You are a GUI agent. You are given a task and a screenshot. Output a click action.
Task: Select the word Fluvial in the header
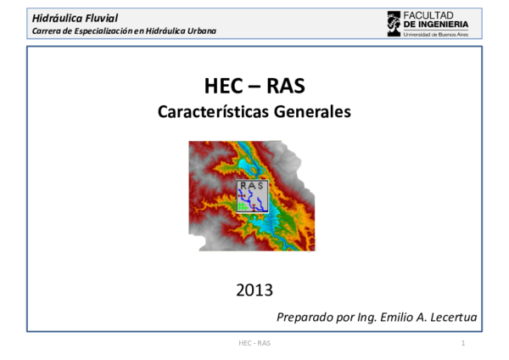tap(104, 18)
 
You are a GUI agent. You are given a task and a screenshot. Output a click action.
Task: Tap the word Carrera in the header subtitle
tap(47, 31)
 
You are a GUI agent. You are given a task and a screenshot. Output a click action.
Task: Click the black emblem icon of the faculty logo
tap(394, 23)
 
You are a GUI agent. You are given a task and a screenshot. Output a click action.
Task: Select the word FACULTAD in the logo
tap(429, 15)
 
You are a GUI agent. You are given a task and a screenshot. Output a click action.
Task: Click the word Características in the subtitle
tap(212, 111)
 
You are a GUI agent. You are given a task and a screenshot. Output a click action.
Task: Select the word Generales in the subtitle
tap(311, 111)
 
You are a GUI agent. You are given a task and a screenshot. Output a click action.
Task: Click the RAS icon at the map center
tap(253, 195)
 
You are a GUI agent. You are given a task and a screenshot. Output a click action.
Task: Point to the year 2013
tap(255, 290)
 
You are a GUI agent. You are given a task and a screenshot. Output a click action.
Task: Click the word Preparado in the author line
tap(305, 318)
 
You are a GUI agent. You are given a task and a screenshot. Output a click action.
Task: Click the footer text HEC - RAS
tap(255, 343)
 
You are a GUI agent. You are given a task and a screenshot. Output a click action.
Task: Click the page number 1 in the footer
tap(463, 343)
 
